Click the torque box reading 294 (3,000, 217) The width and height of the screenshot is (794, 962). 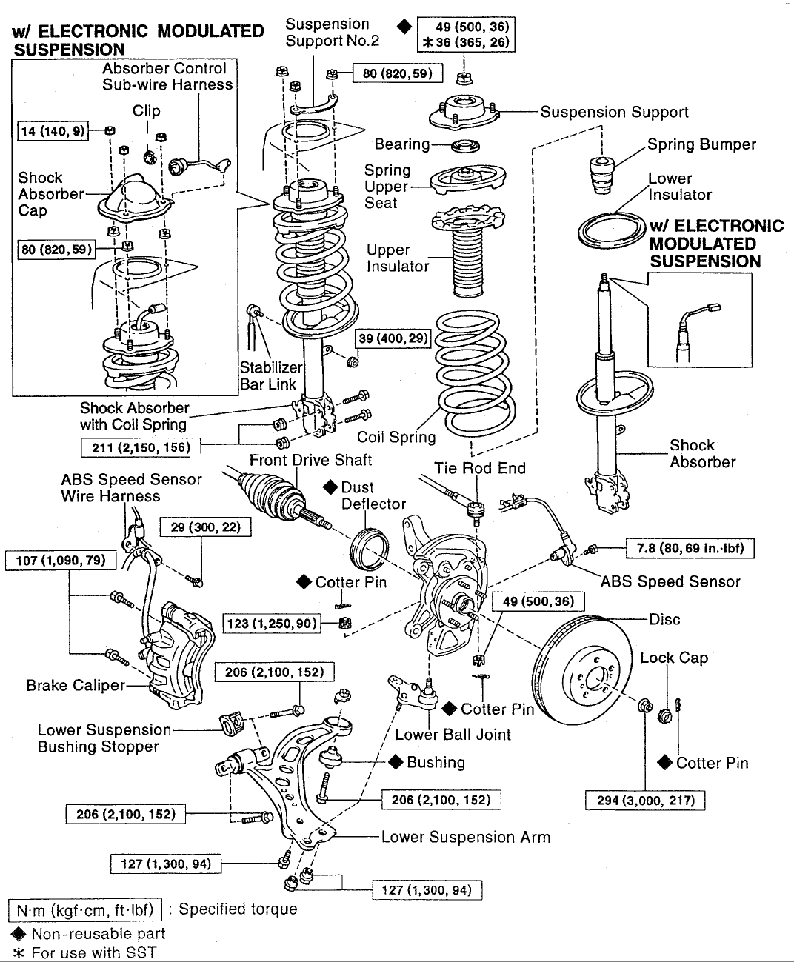point(645,800)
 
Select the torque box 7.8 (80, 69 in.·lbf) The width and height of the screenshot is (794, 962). point(690,548)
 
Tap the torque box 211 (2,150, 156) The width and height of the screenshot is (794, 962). point(140,447)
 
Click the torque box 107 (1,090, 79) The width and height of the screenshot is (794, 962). point(61,560)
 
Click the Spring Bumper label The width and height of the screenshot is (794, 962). point(701,144)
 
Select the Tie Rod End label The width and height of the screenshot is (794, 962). point(480,468)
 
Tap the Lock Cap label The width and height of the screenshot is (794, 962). point(674,658)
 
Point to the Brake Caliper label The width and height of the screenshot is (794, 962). point(76,685)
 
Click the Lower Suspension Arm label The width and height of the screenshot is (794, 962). point(465,838)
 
